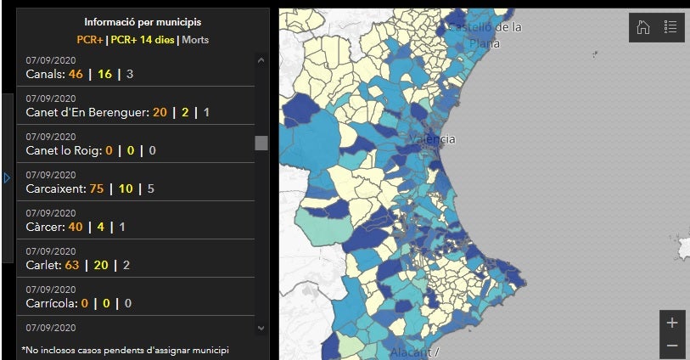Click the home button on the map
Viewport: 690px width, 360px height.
[x=643, y=27]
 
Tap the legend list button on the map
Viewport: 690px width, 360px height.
[x=670, y=27]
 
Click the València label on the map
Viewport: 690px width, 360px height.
[x=432, y=139]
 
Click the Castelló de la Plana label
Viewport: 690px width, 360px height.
[x=485, y=35]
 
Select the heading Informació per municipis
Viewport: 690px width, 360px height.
[x=143, y=22]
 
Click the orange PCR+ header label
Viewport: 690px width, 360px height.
[x=90, y=39]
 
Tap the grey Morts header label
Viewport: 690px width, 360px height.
[x=195, y=39]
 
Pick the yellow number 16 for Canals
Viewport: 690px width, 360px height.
[x=105, y=74]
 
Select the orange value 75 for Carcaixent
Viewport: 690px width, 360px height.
[x=96, y=188]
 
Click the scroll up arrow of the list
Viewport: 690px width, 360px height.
[x=261, y=61]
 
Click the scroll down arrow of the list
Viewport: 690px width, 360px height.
[x=261, y=328]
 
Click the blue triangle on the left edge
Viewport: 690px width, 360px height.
[x=7, y=178]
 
